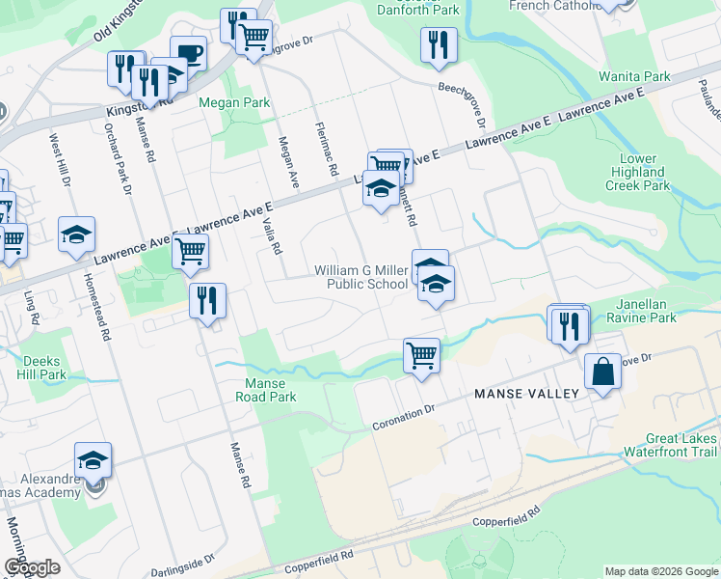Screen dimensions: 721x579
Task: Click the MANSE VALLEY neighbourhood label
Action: [x=526, y=394]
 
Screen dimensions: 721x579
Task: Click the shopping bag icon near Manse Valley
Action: [x=602, y=371]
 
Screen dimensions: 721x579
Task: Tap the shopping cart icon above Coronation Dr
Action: [x=421, y=355]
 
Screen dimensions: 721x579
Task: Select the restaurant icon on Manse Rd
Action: [x=207, y=300]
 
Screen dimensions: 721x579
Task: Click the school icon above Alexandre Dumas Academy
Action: [x=93, y=459]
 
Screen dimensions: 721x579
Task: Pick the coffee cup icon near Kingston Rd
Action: [x=189, y=54]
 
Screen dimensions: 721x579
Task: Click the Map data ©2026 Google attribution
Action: [x=660, y=571]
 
